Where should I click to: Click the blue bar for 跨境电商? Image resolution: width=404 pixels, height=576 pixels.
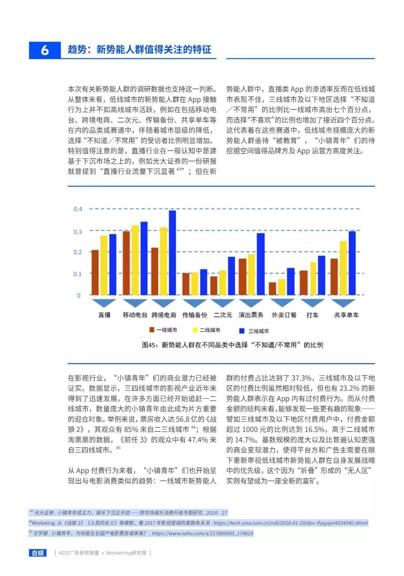pos(172,253)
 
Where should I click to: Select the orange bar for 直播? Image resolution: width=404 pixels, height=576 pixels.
pos(95,273)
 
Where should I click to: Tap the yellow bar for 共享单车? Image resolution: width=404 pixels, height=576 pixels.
pos(343,268)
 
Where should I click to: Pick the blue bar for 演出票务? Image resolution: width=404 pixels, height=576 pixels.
pos(260,264)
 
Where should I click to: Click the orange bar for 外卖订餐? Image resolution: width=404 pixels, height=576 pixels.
pos(272,289)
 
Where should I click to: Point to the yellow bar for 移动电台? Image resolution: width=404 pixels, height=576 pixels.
pos(135,260)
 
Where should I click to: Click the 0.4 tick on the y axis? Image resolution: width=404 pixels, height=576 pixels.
pos(78,209)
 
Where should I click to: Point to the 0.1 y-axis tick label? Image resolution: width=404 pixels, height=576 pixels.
pos(78,274)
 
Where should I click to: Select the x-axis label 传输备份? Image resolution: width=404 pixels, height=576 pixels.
pos(195,315)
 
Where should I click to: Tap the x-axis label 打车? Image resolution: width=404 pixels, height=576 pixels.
pos(312,315)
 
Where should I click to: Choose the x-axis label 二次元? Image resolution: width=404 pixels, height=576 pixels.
pos(223,315)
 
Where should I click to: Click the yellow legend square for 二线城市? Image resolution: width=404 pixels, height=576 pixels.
pos(195,330)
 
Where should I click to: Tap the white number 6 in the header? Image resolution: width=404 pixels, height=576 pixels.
pos(45,50)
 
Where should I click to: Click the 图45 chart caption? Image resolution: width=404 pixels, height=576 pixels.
pos(232,345)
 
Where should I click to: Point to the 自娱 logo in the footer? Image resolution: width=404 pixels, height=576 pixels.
pos(38,553)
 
